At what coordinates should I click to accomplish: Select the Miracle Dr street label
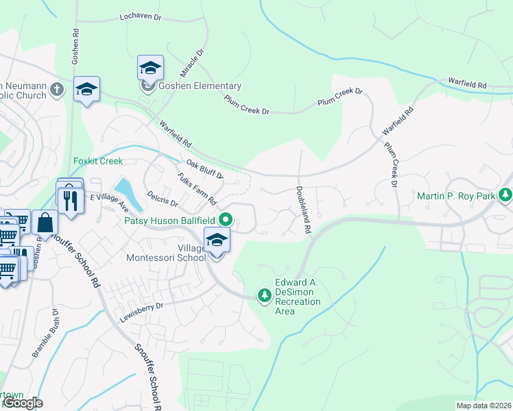193,63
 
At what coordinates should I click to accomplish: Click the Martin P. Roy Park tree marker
505,196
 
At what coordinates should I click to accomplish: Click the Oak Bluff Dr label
204,169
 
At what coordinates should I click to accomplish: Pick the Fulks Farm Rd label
196,190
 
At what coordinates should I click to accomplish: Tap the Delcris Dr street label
163,199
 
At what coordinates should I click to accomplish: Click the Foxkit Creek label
97,162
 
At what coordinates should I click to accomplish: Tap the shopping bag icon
45,223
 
